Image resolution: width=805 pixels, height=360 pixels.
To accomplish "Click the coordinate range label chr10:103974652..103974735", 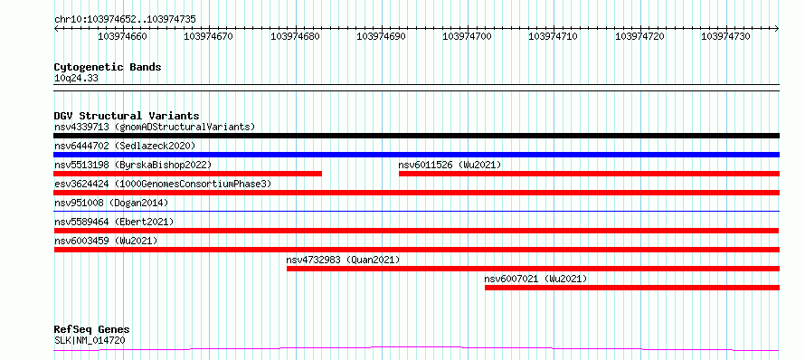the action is (125, 20).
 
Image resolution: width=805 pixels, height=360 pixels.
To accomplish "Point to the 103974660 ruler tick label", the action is (122, 36).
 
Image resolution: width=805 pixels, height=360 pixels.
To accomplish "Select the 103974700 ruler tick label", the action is (467, 36).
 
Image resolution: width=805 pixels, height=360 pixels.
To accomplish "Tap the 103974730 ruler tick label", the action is (725, 36).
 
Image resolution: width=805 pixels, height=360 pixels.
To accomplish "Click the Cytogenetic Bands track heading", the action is (108, 67).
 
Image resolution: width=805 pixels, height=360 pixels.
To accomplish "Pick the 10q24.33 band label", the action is (76, 79).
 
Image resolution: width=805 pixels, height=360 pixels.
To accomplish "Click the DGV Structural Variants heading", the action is (127, 116).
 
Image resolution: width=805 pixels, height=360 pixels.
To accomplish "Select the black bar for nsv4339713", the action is (416, 136).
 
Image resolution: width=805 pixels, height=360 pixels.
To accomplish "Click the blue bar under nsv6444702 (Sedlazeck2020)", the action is (416, 155).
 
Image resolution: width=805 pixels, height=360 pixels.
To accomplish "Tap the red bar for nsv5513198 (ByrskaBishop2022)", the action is (187, 174).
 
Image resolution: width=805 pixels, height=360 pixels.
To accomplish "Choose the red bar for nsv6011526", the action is (590, 174).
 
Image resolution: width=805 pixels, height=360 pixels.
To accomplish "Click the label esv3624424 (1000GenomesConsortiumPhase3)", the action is (163, 184).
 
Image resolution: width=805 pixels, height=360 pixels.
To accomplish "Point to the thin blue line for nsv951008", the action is (416, 211).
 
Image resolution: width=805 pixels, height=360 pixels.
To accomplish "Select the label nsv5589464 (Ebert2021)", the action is (114, 222).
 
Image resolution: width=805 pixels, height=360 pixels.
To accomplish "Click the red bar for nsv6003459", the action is (416, 250).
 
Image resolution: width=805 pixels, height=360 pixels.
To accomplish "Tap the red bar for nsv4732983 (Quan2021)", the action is (533, 269).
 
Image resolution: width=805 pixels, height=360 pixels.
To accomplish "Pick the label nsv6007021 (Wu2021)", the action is (535, 279).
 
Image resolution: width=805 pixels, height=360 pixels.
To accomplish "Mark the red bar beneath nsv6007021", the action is (632, 288).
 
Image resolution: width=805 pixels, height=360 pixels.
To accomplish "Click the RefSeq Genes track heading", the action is (92, 330).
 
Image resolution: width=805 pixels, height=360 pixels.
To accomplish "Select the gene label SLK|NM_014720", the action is (90, 340).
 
